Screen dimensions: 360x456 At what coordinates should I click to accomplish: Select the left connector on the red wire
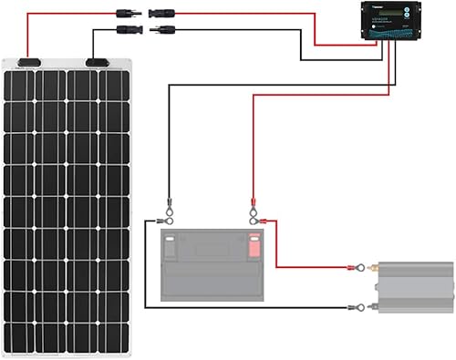(x=126, y=14)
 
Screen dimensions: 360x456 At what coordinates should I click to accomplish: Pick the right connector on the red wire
(x=164, y=14)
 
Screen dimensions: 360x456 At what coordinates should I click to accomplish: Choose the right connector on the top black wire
(x=164, y=29)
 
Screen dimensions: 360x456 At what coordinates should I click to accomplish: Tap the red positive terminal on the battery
(x=254, y=244)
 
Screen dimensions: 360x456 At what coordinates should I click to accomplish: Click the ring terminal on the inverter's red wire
(x=361, y=268)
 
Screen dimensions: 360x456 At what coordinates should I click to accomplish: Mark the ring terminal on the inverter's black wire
(x=361, y=308)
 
